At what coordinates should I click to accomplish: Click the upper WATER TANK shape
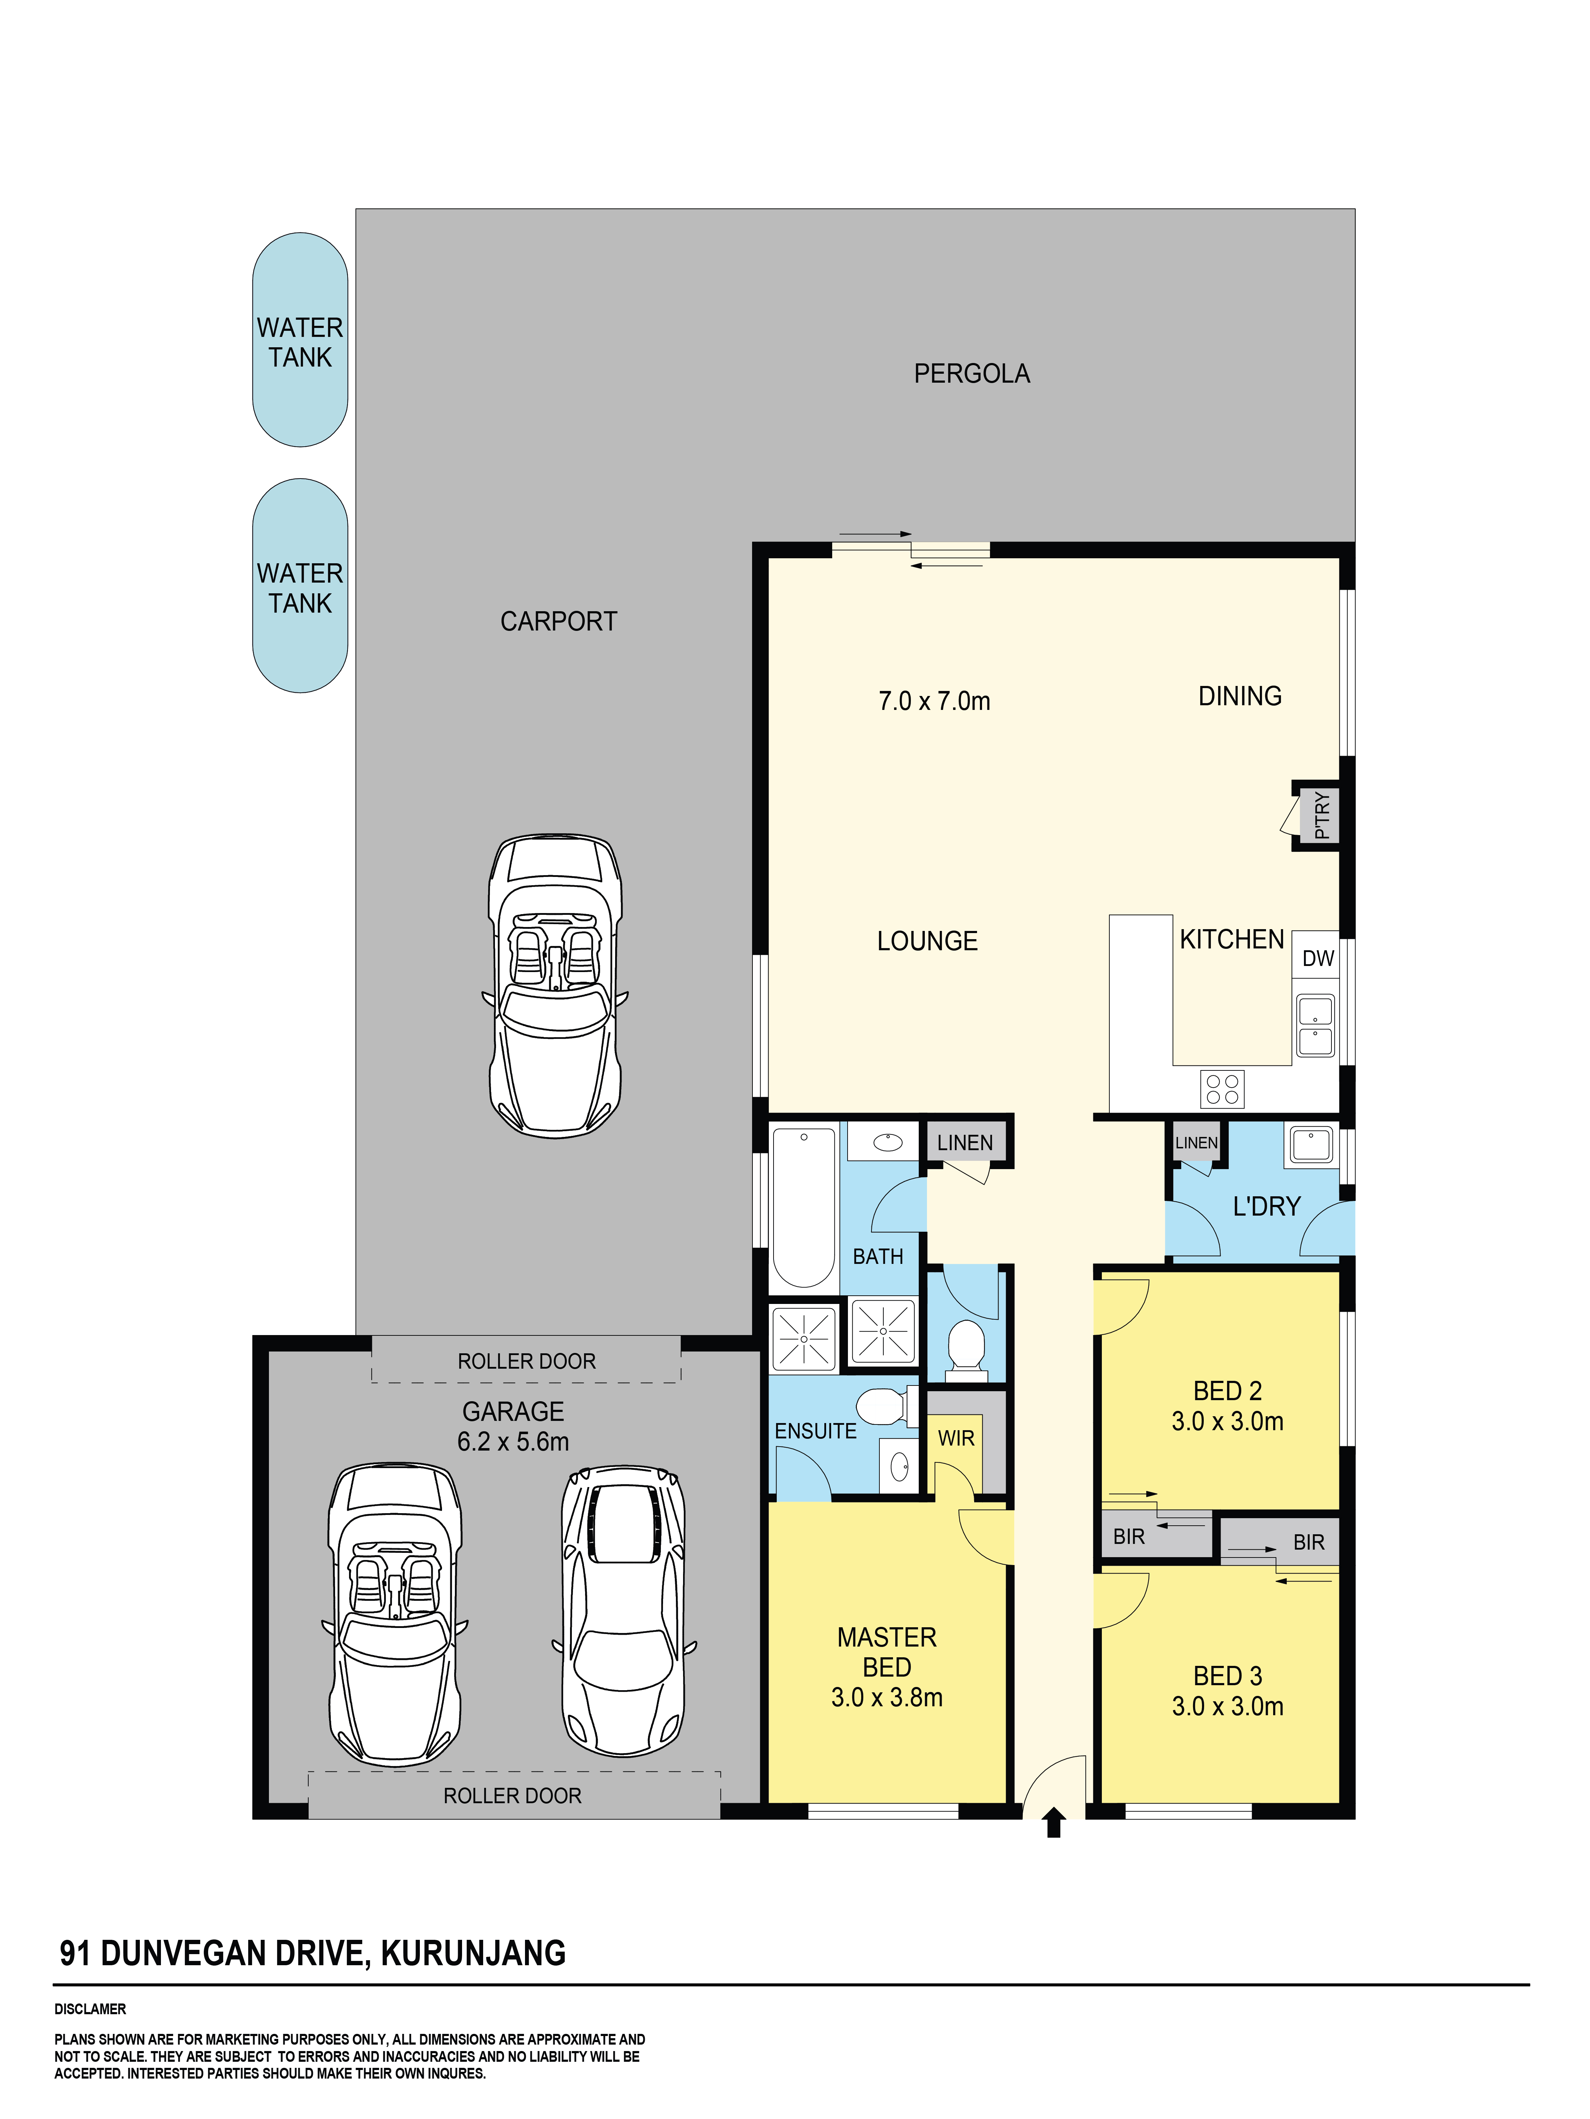(x=300, y=340)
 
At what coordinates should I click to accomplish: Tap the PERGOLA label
(x=971, y=374)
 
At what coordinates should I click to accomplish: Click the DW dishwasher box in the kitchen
(x=1317, y=958)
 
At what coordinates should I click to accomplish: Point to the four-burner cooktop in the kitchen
(x=1222, y=1089)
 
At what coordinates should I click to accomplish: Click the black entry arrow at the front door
(x=1054, y=1822)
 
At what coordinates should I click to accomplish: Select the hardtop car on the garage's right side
(x=624, y=1611)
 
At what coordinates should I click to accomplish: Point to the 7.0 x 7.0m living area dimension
(x=934, y=701)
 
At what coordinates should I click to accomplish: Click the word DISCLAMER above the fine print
(x=90, y=2009)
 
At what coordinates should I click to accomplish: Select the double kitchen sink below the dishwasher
(x=1315, y=1025)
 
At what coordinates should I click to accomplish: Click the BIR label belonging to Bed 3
(x=1309, y=1542)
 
